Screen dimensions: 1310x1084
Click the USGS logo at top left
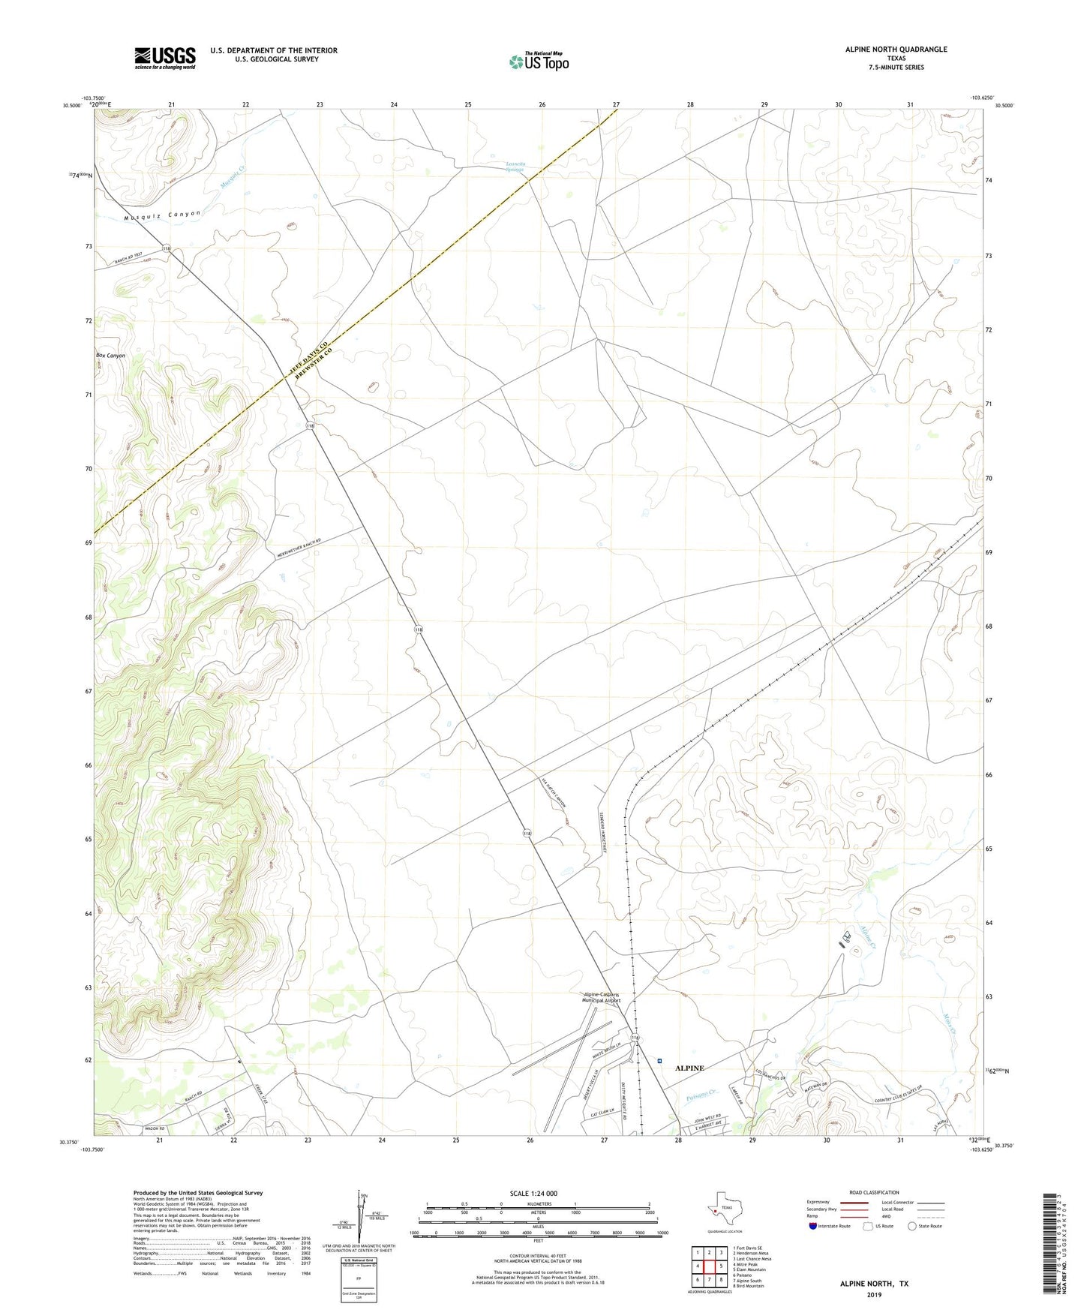165,58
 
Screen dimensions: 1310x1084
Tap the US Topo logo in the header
539,62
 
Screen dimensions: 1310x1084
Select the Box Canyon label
110,355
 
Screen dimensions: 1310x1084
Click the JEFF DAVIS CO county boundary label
298,359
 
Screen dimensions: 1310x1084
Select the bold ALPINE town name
689,1068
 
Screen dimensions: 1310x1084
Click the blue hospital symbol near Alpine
659,1061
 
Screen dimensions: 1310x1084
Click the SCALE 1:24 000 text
533,1193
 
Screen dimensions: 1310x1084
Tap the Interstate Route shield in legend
813,1225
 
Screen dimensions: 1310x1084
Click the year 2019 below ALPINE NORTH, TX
874,1295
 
